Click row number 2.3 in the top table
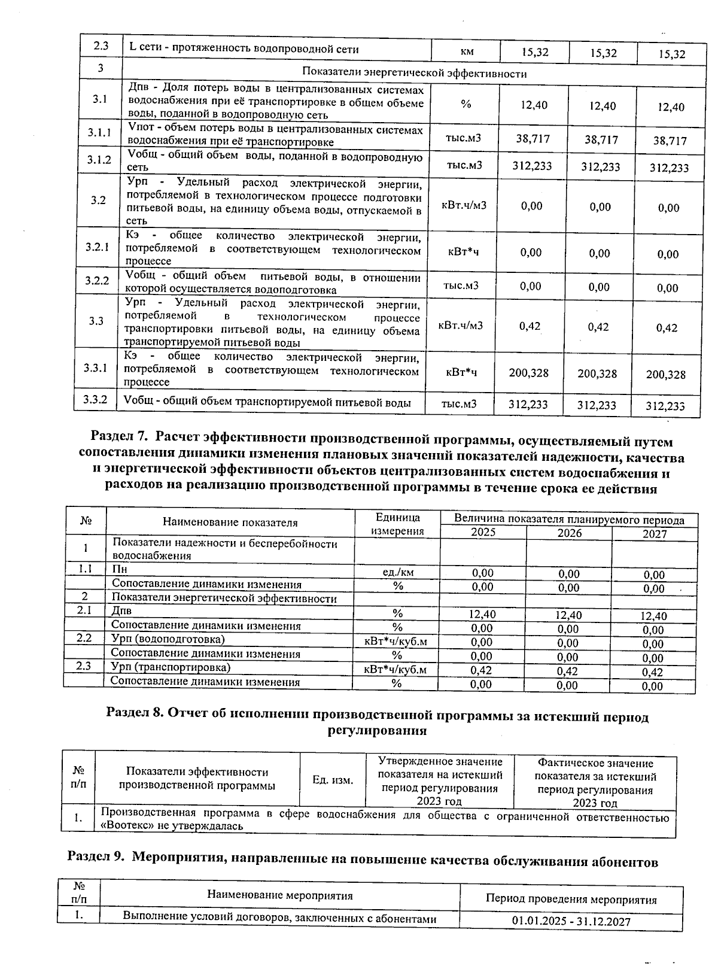point(100,47)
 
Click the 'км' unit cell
point(467,51)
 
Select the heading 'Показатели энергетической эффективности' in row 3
point(414,74)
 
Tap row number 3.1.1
point(99,133)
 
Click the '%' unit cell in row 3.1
point(466,105)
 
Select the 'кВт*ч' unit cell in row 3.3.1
point(461,372)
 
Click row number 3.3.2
point(96,399)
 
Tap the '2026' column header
point(569,533)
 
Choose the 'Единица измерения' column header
point(398,524)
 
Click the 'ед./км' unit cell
point(398,572)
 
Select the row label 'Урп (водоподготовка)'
point(169,639)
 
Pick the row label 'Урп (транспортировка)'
point(171,667)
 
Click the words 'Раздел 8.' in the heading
point(135,714)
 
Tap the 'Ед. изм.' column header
point(333,780)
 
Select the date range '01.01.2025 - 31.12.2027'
point(571,922)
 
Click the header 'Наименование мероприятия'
point(279,895)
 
